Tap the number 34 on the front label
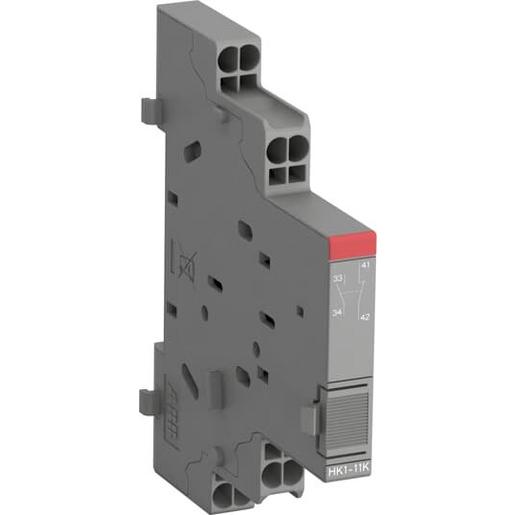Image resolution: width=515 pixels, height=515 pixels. [339, 315]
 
